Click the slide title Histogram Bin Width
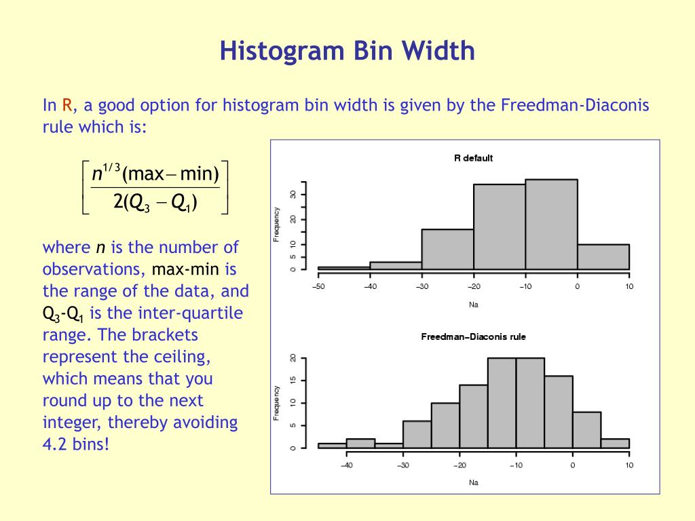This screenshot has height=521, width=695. (347, 52)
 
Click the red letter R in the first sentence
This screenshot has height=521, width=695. (67, 105)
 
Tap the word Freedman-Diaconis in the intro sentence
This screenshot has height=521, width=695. (575, 105)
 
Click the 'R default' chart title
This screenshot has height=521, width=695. (473, 158)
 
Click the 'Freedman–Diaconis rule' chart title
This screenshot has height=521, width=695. (473, 336)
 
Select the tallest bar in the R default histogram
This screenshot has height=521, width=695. (551, 224)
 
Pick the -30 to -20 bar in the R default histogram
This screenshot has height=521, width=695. (447, 249)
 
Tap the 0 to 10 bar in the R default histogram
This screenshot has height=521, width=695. (603, 256)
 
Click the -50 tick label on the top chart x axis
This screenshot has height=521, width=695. (318, 286)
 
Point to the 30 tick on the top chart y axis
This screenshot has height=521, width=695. (293, 194)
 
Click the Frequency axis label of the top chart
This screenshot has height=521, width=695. (276, 224)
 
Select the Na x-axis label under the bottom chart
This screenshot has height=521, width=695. (473, 482)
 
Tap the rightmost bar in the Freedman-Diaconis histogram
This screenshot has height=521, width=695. (615, 444)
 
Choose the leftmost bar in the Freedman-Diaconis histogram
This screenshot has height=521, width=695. (332, 446)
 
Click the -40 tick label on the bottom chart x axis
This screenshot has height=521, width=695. (346, 465)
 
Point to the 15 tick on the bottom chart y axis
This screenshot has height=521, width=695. (293, 380)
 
